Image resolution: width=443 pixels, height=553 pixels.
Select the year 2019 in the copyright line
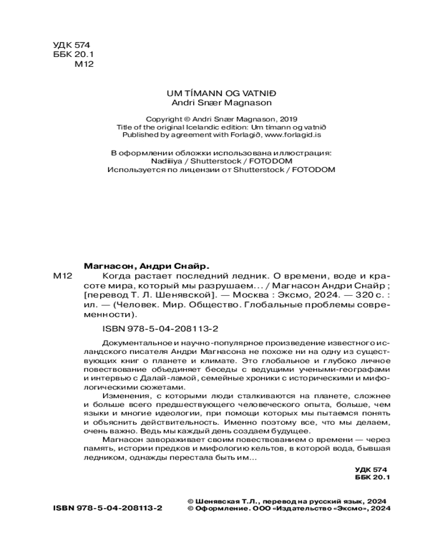point(289,119)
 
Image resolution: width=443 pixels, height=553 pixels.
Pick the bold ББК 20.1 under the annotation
point(372,476)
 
